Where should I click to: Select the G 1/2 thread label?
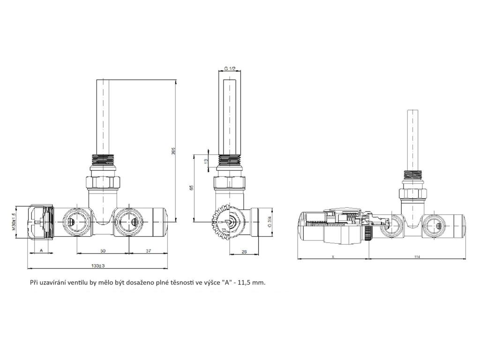click(230, 68)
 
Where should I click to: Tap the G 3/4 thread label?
click(270, 222)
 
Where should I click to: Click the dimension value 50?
click(103, 251)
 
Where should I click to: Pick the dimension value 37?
click(148, 251)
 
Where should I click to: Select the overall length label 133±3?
click(98, 266)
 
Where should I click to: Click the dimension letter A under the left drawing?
click(41, 251)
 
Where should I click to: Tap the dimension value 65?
click(191, 187)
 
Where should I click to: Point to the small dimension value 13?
click(206, 160)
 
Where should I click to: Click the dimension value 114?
click(417, 256)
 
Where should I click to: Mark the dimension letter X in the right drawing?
click(333, 256)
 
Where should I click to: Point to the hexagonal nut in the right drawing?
click(412, 193)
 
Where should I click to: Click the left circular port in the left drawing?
click(75, 221)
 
